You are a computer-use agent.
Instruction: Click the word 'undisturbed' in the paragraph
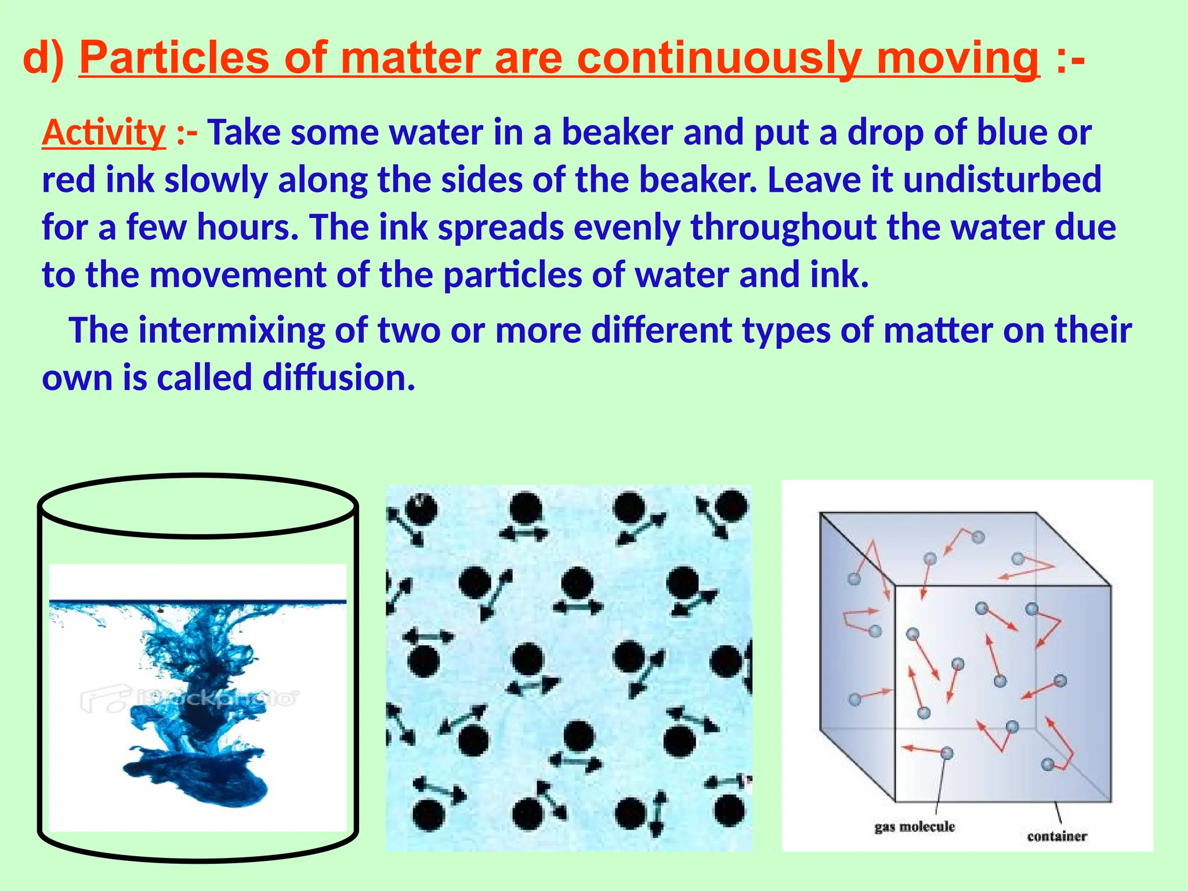(1002, 179)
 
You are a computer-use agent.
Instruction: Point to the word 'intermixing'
(231, 330)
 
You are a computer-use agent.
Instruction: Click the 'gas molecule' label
(914, 827)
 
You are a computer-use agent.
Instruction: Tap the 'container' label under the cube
(1056, 836)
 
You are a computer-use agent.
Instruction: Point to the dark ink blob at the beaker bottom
(197, 777)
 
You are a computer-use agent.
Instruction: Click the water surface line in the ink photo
(197, 602)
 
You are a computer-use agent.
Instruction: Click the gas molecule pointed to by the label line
(947, 753)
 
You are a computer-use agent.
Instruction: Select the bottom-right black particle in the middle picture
(729, 810)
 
